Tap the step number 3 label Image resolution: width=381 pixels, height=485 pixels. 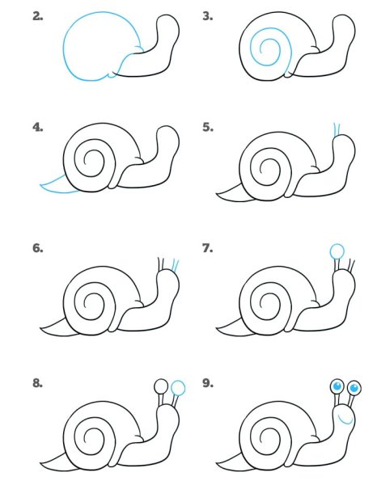coord(207,15)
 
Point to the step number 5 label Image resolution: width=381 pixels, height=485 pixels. coord(207,127)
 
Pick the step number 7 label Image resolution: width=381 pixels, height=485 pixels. coord(207,248)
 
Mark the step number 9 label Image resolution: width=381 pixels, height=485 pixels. coord(207,382)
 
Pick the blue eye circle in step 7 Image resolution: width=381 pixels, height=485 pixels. coord(337,251)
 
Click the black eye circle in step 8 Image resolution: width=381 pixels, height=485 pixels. coord(161,386)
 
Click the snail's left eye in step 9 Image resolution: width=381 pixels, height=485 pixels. coord(337,387)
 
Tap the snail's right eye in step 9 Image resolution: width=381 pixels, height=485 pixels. coord(354,390)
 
